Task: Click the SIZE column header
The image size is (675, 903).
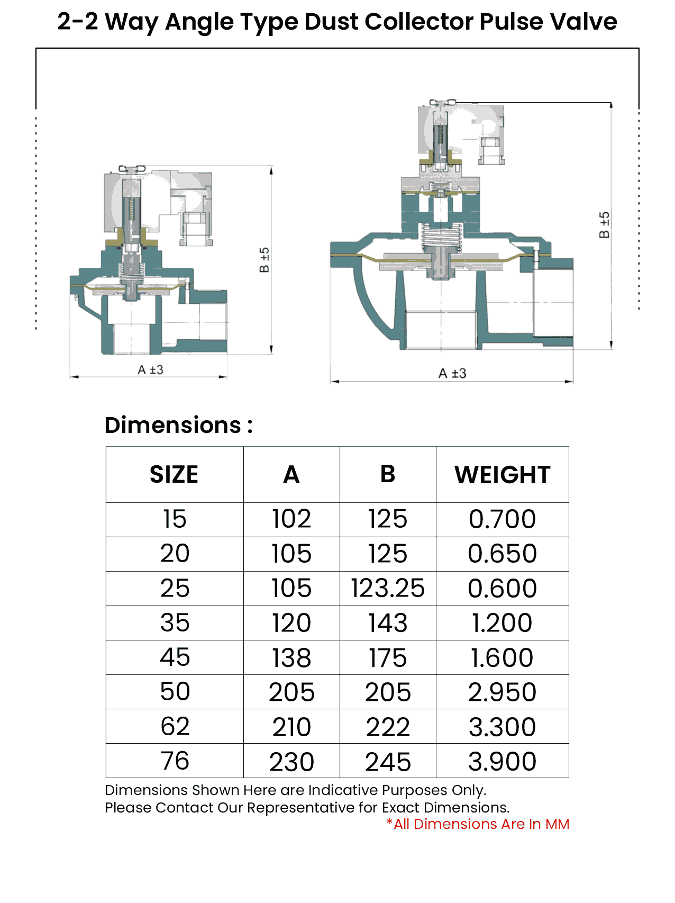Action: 174,474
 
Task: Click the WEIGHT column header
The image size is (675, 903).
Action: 503,474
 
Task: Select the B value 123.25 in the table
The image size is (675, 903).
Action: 388,588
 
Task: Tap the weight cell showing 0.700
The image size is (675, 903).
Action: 503,519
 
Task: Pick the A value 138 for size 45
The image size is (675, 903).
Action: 291,657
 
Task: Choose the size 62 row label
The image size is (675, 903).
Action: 175,726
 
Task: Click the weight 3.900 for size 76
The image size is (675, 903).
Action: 503,761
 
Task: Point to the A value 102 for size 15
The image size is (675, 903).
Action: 291,519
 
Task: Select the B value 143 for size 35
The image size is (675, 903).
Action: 388,623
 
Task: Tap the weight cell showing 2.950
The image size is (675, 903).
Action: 503,692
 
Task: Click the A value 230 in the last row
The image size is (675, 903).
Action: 291,761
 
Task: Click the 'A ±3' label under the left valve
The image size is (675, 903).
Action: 150,369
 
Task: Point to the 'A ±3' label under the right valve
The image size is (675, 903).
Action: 452,373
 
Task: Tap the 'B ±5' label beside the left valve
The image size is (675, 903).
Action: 264,260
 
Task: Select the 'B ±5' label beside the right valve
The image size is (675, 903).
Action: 604,225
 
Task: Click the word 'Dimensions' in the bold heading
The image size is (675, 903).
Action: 173,425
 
